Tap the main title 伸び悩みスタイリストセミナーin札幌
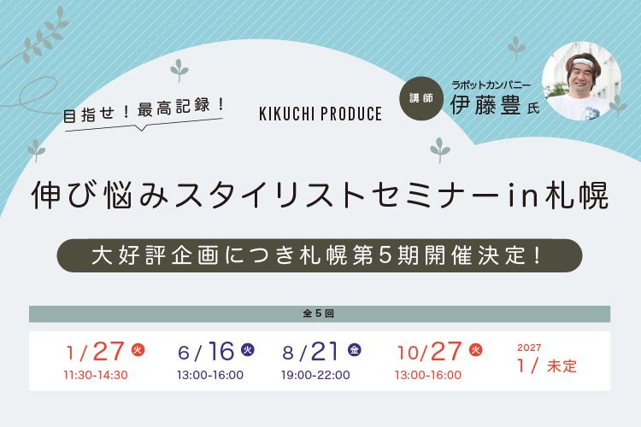(320, 196)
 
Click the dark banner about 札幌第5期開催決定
(320, 255)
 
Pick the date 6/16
(207, 351)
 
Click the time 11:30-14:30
(96, 374)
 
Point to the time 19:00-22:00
(317, 374)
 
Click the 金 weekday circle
(355, 349)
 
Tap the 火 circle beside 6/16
(248, 349)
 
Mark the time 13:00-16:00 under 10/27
(428, 374)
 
